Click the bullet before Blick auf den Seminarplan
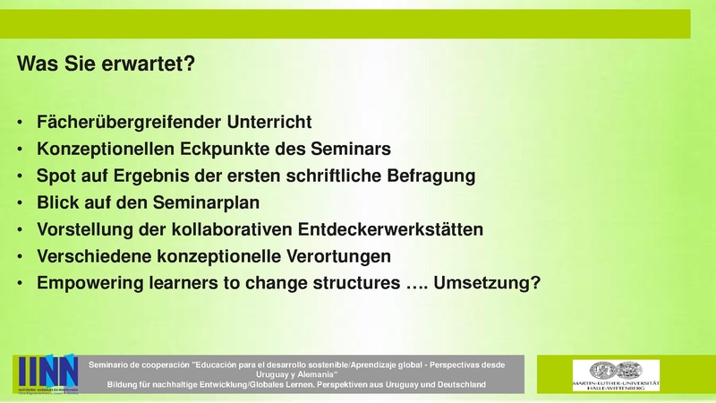pos(21,202)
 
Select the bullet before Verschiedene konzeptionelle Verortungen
pos(21,256)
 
